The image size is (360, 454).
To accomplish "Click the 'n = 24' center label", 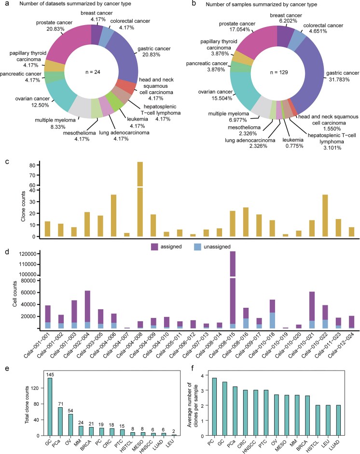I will tap(91, 73).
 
